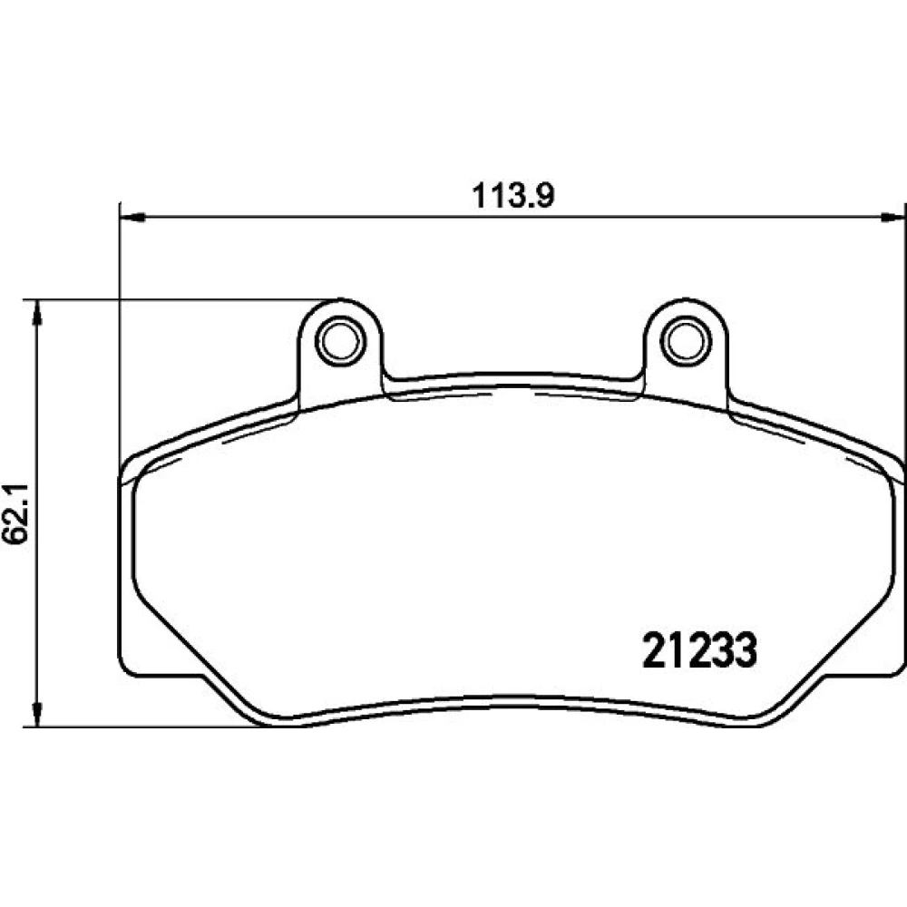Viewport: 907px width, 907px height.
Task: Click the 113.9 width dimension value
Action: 513,196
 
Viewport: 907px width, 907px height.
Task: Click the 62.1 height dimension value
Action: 16,512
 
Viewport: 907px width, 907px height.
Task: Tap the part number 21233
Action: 700,649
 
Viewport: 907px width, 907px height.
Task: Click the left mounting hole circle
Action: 340,341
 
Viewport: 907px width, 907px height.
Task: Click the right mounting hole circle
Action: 686,341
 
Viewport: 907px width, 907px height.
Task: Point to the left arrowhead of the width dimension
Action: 131,218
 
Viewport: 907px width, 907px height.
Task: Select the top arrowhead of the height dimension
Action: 37,312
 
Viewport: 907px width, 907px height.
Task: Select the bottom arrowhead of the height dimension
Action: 37,715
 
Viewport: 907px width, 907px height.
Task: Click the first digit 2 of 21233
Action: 654,649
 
